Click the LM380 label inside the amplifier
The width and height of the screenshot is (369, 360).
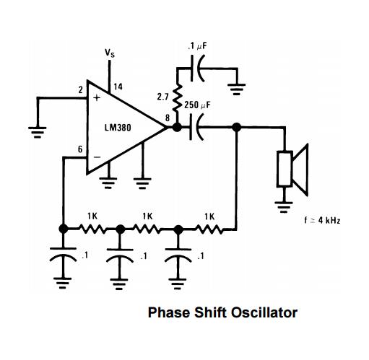118,128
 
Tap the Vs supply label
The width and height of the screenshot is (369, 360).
110,53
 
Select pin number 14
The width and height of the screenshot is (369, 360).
118,87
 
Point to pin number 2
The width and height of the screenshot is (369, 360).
81,90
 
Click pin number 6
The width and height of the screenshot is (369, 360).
80,149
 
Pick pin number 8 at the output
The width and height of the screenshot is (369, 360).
168,118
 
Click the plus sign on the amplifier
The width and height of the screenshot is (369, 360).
97,97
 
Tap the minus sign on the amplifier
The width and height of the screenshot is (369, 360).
97,157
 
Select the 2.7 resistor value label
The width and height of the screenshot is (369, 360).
163,97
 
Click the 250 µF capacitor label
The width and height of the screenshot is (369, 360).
197,105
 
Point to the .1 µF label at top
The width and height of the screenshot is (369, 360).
198,46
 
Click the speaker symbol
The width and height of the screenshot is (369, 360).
292,170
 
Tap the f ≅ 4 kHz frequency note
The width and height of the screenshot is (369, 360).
323,220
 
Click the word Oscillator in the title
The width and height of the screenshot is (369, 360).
264,312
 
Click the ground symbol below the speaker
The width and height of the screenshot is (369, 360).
284,207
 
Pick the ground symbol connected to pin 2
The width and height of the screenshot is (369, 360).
38,133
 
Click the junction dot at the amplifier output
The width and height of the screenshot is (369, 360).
177,127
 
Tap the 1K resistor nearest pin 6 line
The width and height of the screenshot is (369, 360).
92,229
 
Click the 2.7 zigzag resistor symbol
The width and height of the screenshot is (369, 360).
178,97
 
